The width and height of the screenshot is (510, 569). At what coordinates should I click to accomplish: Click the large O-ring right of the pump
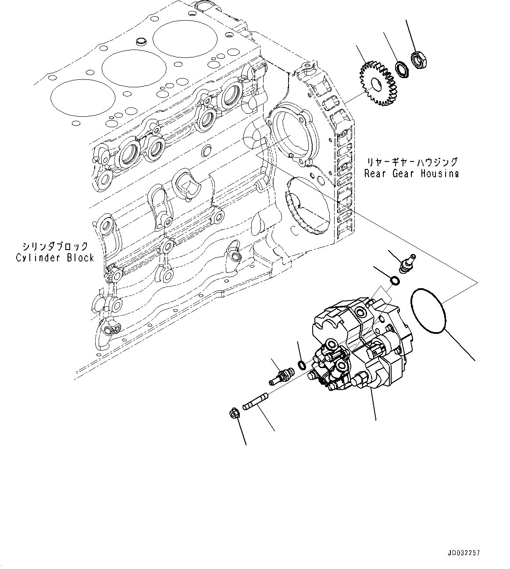428,312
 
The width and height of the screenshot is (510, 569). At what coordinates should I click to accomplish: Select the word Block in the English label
81,258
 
